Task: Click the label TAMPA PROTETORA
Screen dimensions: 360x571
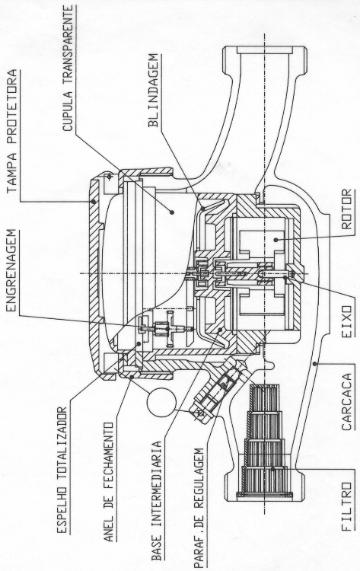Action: [12, 131]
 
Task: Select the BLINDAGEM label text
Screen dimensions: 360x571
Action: [153, 91]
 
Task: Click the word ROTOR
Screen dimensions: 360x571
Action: [347, 209]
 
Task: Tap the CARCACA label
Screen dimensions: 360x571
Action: [347, 402]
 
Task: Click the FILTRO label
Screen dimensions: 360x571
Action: [347, 507]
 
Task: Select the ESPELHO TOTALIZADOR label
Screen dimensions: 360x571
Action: [62, 471]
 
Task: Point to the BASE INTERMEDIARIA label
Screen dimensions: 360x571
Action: [156, 501]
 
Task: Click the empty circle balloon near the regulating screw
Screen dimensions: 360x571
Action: [161, 403]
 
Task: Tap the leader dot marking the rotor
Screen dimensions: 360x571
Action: [276, 240]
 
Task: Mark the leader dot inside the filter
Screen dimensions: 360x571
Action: [272, 469]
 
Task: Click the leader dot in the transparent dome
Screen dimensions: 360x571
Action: [172, 212]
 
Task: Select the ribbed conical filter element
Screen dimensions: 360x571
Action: [265, 440]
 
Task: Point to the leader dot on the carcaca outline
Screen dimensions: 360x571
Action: [314, 363]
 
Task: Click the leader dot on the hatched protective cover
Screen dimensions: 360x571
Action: [94, 201]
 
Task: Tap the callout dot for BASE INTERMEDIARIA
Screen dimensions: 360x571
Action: [219, 330]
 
